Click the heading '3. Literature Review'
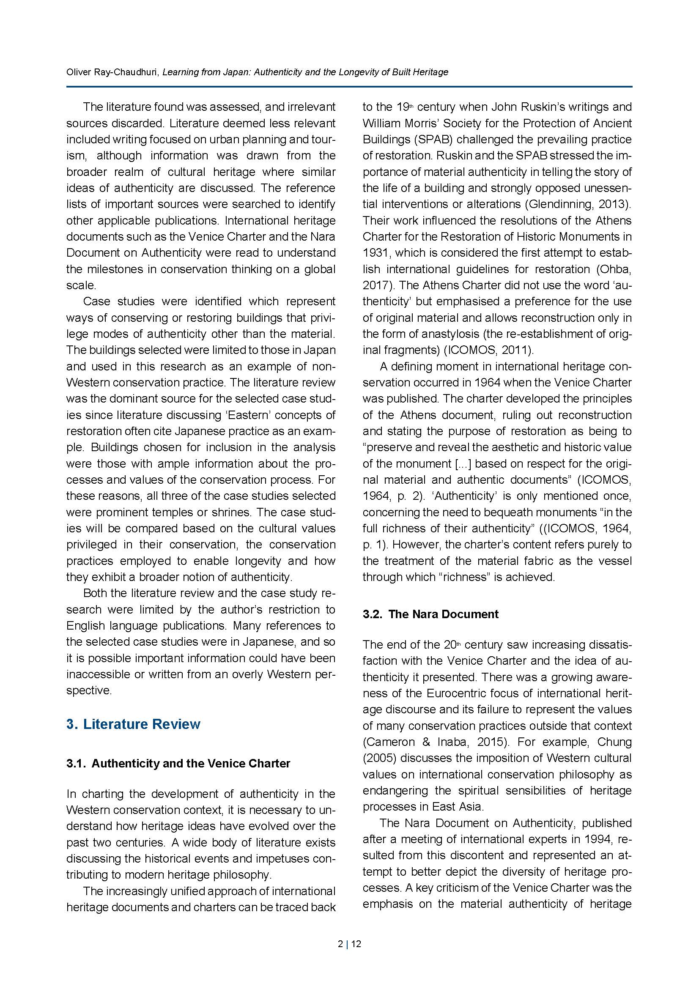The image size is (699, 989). point(133,724)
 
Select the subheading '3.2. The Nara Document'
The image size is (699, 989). point(430,614)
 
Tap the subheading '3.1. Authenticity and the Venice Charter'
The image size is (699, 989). point(178,763)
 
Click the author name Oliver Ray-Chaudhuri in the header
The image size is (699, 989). point(113,72)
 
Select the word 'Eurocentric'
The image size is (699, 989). point(465,693)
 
